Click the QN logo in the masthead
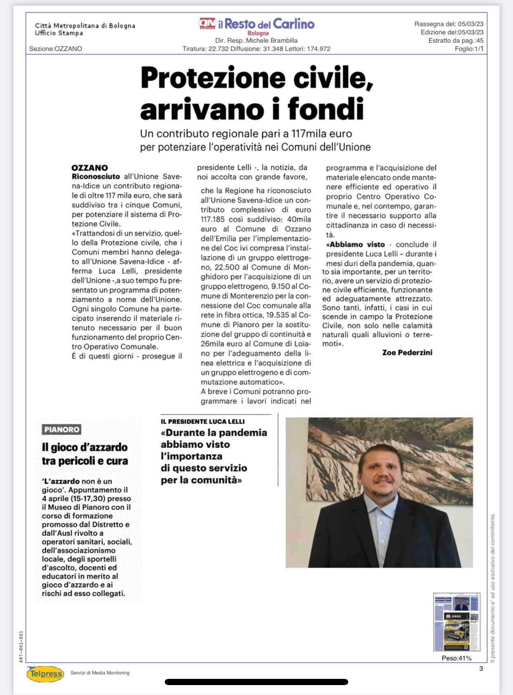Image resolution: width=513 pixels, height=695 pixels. point(207,24)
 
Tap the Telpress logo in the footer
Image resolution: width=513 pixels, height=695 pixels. point(45,674)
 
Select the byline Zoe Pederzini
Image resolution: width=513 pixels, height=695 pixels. point(407,353)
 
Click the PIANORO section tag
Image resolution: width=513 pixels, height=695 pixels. point(62,430)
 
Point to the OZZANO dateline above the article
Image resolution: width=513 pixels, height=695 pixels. point(90,167)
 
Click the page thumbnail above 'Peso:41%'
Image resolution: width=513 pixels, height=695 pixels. point(456,622)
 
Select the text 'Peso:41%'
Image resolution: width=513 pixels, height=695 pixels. point(456,658)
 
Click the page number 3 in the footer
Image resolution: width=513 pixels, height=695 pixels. point(481,669)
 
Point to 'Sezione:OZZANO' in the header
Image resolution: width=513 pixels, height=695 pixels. point(56,49)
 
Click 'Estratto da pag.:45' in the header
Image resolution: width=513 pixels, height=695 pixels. point(456,41)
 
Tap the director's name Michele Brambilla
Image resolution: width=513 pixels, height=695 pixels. point(272,41)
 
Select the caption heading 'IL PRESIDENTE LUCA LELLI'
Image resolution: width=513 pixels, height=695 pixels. point(203,421)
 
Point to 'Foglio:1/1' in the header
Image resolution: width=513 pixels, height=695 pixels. point(469,49)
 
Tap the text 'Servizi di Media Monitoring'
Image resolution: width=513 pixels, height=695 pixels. point(100,673)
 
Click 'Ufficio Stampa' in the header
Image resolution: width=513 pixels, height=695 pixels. point(59,33)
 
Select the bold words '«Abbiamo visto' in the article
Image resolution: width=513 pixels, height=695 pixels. point(356,244)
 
